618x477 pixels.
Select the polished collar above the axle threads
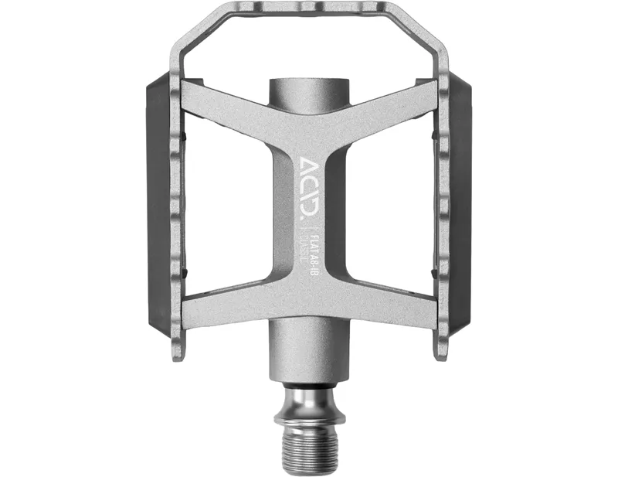pyautogui.click(x=307, y=402)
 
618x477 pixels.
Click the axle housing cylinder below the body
pyautogui.click(x=307, y=356)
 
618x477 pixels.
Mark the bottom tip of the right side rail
pyautogui.click(x=441, y=352)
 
